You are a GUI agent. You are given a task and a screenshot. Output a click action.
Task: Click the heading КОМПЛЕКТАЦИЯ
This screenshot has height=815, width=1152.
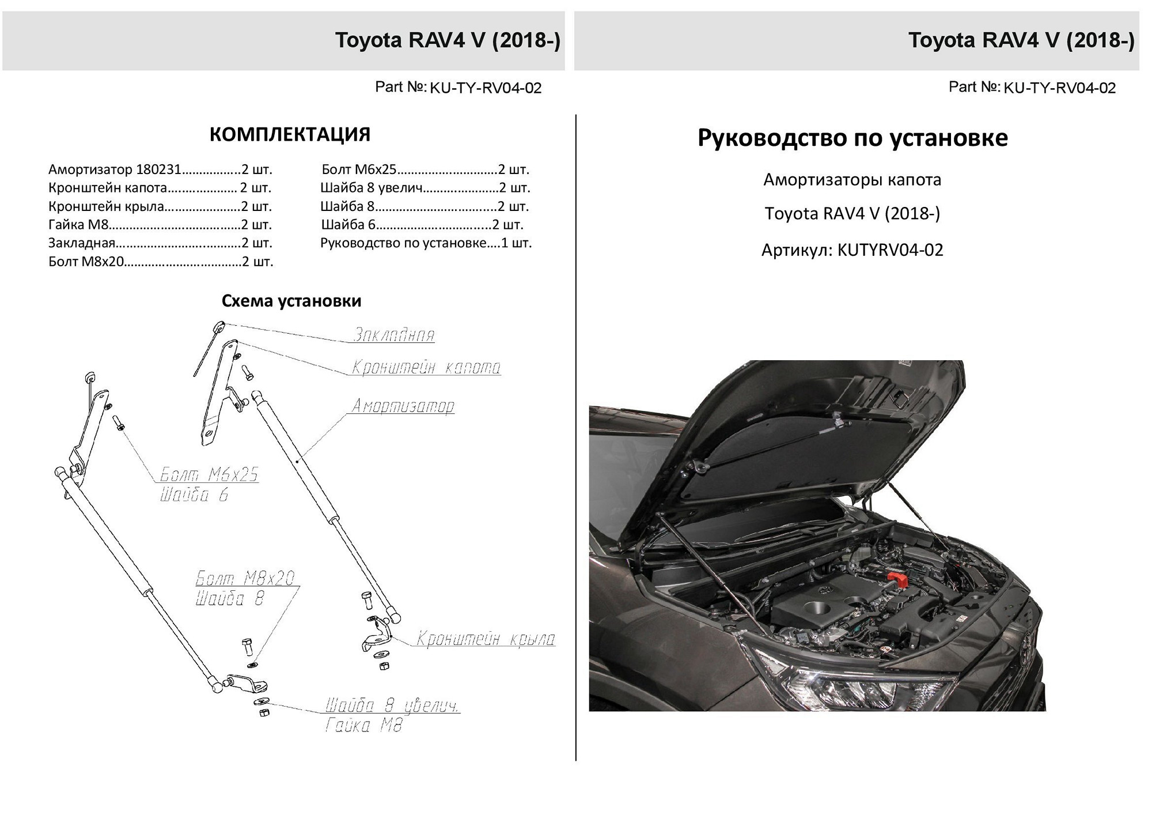point(290,134)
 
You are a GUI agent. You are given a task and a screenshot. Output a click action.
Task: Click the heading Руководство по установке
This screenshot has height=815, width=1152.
point(852,138)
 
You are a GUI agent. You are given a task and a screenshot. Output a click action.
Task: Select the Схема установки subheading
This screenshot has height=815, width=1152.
point(291,301)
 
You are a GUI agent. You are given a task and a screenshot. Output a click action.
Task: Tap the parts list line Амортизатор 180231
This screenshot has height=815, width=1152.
point(160,170)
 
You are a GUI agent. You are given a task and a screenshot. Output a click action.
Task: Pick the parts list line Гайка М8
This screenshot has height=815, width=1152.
point(160,225)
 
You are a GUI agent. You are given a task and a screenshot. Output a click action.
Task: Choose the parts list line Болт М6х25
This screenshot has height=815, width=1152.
point(425,169)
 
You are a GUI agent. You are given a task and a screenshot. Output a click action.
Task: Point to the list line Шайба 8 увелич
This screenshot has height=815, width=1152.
point(425,188)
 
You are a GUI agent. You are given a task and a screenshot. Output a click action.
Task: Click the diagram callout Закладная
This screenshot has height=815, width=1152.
point(394,334)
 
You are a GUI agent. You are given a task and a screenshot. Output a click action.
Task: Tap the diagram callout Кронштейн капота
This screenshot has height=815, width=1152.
point(426,367)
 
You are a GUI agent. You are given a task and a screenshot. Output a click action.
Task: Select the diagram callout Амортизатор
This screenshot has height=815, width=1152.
point(403,406)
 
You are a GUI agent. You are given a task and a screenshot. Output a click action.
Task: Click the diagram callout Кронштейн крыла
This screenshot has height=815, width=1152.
point(486,639)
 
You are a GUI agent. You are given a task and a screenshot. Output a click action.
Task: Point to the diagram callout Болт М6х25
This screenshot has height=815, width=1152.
point(209,475)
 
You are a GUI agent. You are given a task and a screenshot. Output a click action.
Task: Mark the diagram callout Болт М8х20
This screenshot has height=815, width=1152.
point(246,578)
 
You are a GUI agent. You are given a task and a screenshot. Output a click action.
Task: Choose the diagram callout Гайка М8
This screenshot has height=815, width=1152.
point(363,725)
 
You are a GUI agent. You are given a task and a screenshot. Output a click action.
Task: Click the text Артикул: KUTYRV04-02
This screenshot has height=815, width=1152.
point(852,250)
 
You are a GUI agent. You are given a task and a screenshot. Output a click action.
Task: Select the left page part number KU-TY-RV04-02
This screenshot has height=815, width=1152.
point(486,88)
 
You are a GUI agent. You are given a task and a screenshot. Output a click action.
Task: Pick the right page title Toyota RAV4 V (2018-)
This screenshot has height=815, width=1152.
point(1021,40)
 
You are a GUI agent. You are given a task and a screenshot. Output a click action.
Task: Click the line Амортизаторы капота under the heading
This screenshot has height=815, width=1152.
point(852,180)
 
